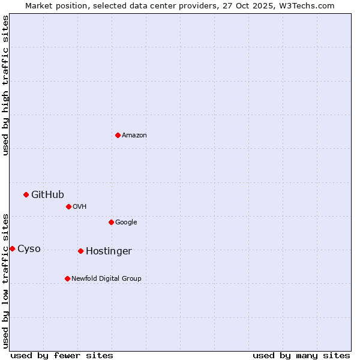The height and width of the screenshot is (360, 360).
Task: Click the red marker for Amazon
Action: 118,135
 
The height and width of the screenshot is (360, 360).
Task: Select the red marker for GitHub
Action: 26,194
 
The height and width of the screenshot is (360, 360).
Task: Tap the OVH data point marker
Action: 68,206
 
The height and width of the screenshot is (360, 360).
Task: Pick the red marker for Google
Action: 111,222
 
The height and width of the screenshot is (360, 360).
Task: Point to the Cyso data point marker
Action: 12,248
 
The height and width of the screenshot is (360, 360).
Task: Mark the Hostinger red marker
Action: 80,251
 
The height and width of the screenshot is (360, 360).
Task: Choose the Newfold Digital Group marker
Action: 67,278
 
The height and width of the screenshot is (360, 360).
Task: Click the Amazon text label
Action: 134,136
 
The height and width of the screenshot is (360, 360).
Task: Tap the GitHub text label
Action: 47,194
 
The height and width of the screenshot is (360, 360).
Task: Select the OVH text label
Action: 80,207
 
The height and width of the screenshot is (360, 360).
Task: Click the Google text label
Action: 126,223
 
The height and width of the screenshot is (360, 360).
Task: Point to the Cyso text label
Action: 29,249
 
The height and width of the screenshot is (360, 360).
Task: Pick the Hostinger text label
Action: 109,251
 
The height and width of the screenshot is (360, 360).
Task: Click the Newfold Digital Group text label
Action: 106,278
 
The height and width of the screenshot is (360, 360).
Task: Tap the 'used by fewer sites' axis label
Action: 62,355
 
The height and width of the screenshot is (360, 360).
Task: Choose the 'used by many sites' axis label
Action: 301,355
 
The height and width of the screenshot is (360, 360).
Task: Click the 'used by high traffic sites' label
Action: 5,85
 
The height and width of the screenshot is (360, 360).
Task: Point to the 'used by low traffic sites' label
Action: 5,280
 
